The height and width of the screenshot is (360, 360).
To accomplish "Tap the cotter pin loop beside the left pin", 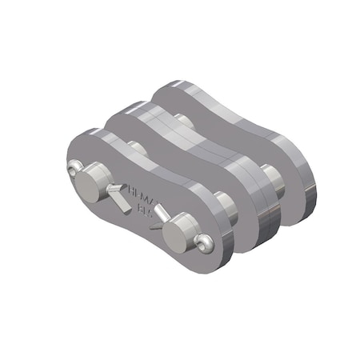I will pos(73,169).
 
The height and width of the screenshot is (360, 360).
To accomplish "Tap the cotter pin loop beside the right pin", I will pos(205,242).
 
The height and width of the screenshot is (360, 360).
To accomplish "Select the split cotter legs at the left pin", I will pos(120,195).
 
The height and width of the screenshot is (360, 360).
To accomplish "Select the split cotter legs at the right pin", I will pos(159,212).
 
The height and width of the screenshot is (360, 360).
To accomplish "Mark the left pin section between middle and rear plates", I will pos(183,121).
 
